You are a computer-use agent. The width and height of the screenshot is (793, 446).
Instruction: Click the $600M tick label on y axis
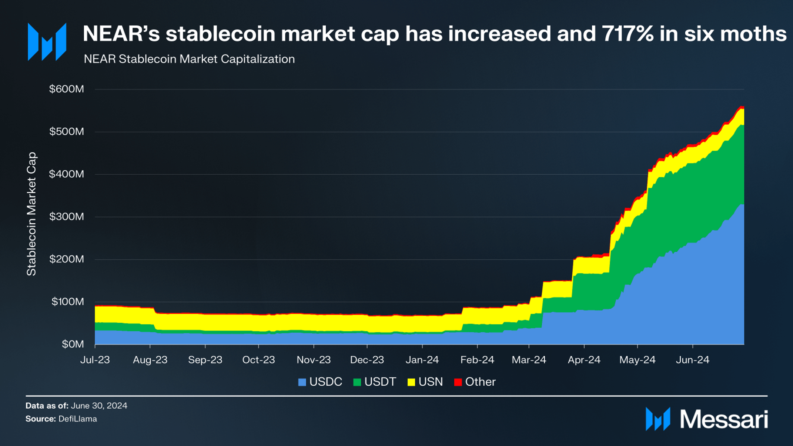67,89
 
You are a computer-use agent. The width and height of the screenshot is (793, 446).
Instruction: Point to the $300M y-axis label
67,217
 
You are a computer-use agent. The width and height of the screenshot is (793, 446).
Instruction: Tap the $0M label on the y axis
73,344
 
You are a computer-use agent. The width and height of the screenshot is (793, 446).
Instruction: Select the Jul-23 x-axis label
95,360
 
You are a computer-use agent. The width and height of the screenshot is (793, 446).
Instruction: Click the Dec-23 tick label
367,360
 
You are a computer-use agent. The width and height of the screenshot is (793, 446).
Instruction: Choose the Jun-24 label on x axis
692,360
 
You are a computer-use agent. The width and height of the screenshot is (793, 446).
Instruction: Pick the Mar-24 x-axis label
529,360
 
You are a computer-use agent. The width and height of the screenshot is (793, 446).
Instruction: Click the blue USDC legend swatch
302,382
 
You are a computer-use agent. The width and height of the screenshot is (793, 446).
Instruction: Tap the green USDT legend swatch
357,382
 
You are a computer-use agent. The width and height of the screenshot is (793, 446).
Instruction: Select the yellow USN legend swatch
411,382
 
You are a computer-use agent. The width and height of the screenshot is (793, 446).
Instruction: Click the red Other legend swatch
458,382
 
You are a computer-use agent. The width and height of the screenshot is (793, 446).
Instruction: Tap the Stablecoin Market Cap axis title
31,214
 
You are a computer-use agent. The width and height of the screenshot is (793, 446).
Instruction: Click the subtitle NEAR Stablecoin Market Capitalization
189,59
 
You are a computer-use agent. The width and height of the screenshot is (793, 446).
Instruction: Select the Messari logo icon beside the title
47,42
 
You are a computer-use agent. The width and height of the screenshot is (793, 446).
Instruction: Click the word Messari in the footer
724,420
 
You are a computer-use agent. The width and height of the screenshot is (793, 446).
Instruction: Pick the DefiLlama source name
78,419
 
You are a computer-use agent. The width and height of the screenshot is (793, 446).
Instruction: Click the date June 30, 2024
99,406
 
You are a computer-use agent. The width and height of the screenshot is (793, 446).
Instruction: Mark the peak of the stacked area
741,107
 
